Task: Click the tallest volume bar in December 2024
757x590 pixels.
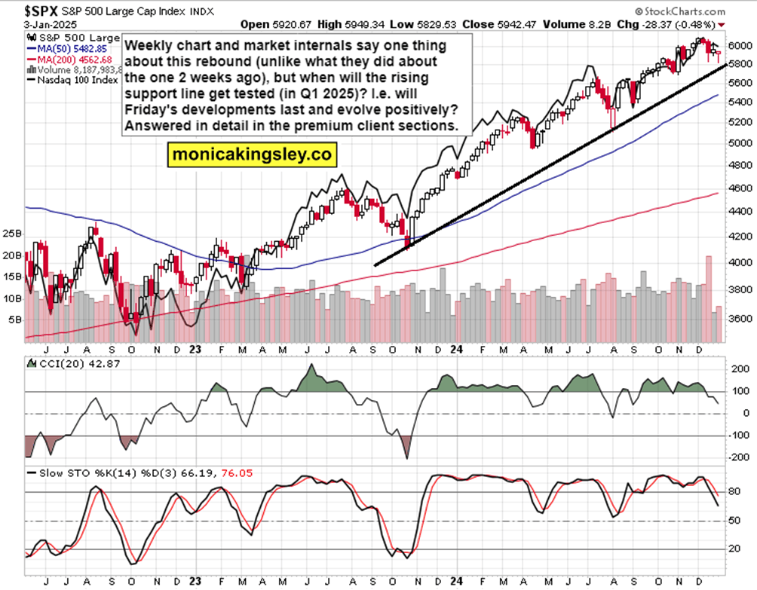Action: [x=708, y=299]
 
